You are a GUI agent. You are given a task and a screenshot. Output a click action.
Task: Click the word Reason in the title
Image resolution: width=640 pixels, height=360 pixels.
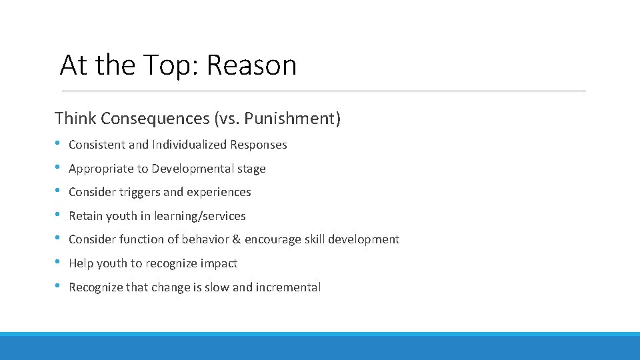point(251,65)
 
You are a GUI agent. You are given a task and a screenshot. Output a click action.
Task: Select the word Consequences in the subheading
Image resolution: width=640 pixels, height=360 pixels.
point(155,119)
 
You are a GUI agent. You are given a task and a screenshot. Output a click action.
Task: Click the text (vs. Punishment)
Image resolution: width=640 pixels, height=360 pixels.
point(277,119)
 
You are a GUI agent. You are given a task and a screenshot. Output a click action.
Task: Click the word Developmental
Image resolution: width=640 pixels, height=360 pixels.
point(189,169)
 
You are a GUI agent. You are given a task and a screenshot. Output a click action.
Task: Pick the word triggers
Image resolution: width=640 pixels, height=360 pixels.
point(139,193)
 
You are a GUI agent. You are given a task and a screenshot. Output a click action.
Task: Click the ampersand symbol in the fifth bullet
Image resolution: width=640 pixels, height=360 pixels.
point(236,239)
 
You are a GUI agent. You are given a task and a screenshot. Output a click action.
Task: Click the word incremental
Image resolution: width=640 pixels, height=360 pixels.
point(288,287)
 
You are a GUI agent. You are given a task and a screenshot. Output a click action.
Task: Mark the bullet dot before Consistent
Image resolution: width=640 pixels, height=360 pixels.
point(59,143)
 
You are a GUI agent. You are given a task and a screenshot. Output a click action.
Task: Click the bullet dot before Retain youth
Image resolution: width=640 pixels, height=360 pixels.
point(59,215)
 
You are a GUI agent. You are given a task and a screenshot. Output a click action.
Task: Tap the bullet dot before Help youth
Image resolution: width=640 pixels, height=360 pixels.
point(59,262)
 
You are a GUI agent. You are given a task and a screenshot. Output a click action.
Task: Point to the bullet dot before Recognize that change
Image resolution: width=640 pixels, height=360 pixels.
point(59,286)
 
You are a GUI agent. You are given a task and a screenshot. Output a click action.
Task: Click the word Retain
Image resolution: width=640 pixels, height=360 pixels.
point(85,216)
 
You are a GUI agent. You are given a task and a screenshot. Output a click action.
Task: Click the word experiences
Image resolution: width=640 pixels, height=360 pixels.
point(219,193)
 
